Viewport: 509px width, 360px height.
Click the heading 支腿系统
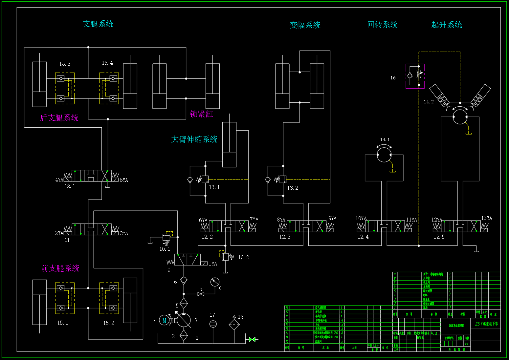point(98,24)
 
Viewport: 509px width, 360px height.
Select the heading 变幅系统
point(305,25)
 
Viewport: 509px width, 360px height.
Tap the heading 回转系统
point(382,25)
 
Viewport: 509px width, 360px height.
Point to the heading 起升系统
point(446,25)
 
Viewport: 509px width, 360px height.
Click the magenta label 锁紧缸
point(201,114)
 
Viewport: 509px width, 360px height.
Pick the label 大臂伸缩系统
point(194,139)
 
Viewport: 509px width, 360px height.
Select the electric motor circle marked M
point(164,320)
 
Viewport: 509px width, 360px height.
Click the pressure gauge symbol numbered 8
point(215,282)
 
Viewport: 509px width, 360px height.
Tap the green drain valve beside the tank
point(252,339)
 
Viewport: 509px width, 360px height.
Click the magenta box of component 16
point(415,76)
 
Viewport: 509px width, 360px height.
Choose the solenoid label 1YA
point(213,264)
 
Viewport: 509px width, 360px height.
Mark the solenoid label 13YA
point(486,218)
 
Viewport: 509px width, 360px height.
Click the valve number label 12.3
point(285,237)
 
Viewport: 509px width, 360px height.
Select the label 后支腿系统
point(59,118)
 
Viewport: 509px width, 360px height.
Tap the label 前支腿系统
point(60,268)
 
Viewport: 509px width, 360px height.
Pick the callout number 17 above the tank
point(212,315)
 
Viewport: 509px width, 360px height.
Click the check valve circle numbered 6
point(184,280)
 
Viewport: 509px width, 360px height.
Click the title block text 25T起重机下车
point(486,324)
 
